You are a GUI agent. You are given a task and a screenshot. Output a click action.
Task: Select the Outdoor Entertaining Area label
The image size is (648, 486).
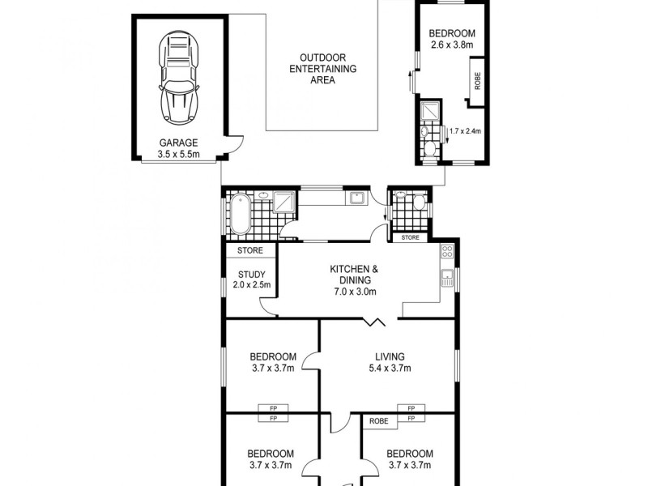[x=322, y=70]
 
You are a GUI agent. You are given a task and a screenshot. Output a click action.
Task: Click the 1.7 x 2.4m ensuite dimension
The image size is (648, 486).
[x=465, y=130]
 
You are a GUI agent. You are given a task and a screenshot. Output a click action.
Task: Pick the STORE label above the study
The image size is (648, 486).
[x=249, y=251]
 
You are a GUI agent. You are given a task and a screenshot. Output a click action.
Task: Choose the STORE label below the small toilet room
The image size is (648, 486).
[x=411, y=237]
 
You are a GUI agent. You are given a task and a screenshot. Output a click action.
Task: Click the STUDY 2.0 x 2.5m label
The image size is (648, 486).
[x=250, y=279]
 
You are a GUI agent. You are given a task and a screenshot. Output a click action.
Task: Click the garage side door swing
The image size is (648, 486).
[x=233, y=146]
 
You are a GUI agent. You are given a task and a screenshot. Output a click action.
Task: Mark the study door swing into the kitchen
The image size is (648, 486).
[x=268, y=306]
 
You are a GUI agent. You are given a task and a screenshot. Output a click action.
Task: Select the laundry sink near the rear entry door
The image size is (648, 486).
[x=356, y=196]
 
